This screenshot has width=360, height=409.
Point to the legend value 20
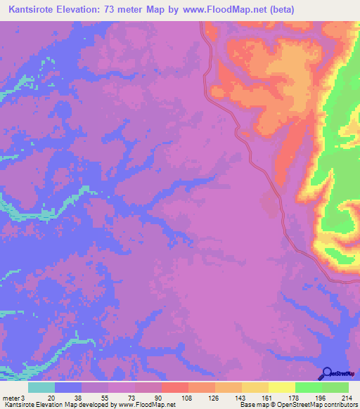[x=51, y=397]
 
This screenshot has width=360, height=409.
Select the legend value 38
[x=78, y=397]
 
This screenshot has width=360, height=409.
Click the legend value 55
[x=105, y=397]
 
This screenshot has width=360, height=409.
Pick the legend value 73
[x=131, y=397]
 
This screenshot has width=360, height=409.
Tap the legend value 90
[x=158, y=397]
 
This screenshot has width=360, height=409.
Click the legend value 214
[x=345, y=397]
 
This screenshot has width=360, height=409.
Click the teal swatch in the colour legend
[x=41, y=387]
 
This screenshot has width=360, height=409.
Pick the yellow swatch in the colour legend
[x=281, y=387]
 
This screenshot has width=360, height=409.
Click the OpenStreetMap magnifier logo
[x=328, y=373]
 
